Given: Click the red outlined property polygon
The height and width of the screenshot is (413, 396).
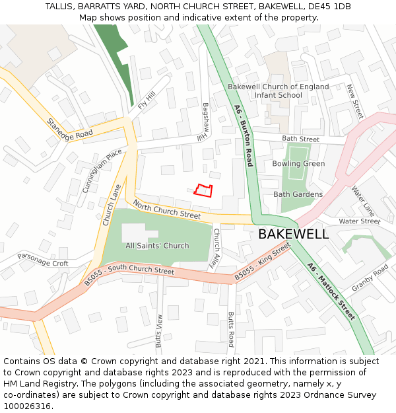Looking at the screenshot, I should click(204, 190).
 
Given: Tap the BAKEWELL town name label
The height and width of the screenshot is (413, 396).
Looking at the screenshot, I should click(293, 234).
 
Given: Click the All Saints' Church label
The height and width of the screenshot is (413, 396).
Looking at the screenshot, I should click(157, 246).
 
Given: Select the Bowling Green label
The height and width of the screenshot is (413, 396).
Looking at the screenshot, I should click(298, 163).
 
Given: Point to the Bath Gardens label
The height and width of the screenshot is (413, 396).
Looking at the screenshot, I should click(298, 194).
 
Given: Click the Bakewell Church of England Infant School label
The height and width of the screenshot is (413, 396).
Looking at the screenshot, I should click(278, 91).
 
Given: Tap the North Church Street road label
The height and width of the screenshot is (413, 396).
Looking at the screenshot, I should click(167, 209).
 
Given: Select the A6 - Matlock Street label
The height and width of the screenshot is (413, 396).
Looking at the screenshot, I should click(331, 290).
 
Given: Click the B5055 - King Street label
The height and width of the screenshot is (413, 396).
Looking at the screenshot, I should click(263, 262).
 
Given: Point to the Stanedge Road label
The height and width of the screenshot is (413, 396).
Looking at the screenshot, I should click(69, 129).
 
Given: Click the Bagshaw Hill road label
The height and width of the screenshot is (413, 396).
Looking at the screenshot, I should click(205, 122).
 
